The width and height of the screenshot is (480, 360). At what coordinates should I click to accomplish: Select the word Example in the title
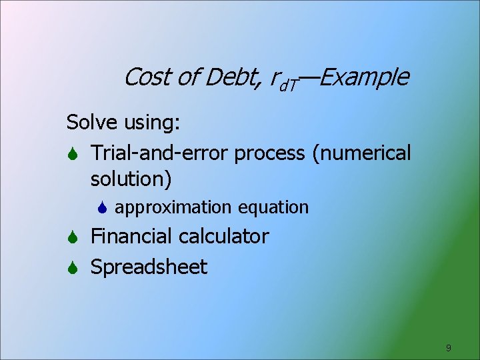click(x=365, y=77)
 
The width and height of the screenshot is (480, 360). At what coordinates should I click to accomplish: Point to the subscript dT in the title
click(x=289, y=83)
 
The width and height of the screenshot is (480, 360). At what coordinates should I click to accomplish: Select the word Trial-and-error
click(x=160, y=153)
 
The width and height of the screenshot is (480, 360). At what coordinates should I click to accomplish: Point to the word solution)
click(x=131, y=179)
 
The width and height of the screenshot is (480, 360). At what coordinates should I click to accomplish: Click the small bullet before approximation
click(x=103, y=207)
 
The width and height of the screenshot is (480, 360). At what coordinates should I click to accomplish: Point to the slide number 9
click(x=449, y=347)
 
